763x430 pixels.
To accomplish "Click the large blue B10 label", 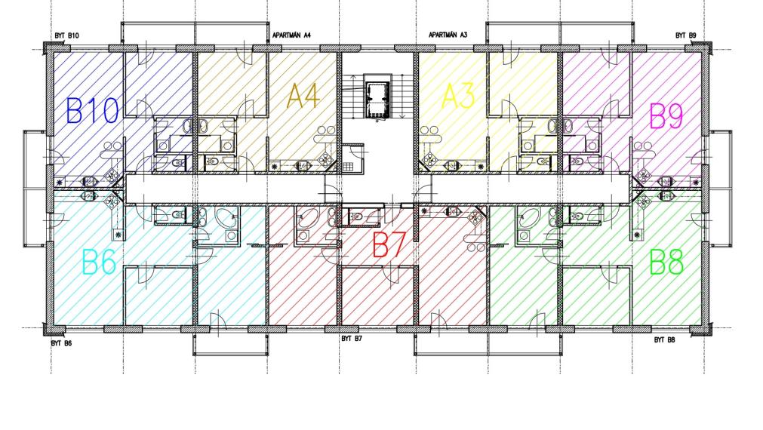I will (93, 112).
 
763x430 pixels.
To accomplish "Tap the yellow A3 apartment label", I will (458, 97).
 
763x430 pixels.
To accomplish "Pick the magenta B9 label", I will (666, 117).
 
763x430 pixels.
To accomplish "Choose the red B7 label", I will (391, 245).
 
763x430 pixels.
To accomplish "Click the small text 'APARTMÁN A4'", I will (292, 35).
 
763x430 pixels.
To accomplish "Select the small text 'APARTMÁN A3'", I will (448, 35).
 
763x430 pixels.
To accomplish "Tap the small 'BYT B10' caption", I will (66, 36).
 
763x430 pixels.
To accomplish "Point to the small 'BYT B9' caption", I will (685, 35).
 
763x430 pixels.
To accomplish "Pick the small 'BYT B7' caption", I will (352, 339).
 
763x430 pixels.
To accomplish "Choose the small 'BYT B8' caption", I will (664, 340).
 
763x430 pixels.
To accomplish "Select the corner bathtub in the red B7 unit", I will (309, 220).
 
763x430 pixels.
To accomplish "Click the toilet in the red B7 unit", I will (358, 217).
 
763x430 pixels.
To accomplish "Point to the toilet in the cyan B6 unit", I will (179, 215).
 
